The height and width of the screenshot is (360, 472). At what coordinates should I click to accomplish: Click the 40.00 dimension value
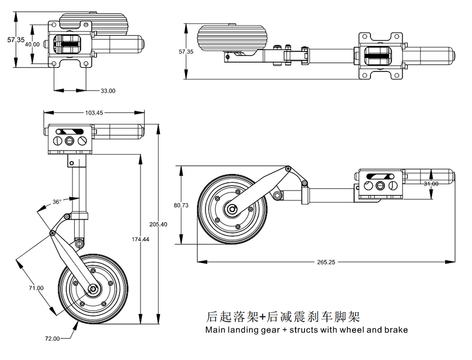tap(32, 44)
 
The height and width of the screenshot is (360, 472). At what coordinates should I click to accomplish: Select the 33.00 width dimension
tap(108, 91)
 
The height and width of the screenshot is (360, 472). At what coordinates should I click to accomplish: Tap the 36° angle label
tap(57, 202)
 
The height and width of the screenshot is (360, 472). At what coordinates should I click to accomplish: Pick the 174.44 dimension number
tap(140, 240)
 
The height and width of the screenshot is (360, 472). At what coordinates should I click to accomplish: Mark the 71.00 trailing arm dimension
tap(36, 288)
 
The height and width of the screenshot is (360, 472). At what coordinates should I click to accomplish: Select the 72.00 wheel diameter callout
tap(52, 338)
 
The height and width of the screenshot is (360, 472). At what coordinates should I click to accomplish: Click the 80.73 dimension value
tap(181, 205)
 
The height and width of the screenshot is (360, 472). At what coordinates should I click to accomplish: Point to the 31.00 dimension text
tap(430, 184)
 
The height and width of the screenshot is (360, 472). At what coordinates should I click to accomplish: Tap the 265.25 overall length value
tap(326, 262)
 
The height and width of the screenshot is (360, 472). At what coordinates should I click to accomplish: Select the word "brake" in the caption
tap(396, 330)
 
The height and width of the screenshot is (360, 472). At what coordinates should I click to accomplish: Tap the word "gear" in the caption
tap(270, 330)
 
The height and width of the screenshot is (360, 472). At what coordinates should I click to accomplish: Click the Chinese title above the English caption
tap(283, 316)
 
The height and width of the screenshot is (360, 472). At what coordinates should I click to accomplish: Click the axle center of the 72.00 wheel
tap(93, 289)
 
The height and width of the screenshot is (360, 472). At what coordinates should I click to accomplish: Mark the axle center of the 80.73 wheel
tap(232, 209)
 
